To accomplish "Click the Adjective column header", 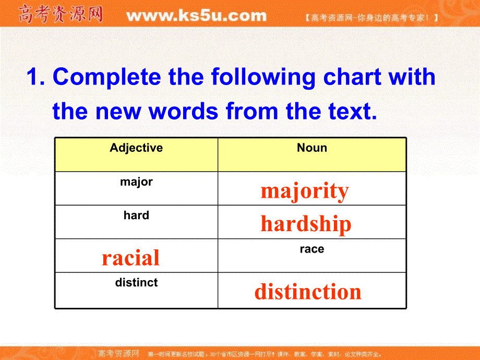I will pyautogui.click(x=136, y=148).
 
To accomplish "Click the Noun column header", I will pyautogui.click(x=311, y=148).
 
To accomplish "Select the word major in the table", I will pyautogui.click(x=136, y=182).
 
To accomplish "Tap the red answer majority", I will pyautogui.click(x=305, y=191).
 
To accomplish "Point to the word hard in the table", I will pyautogui.click(x=136, y=215).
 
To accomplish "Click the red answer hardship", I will pyautogui.click(x=306, y=224).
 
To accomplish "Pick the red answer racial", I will pyautogui.click(x=130, y=258).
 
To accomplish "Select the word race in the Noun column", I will pyautogui.click(x=311, y=249).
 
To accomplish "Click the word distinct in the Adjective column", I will pyautogui.click(x=136, y=283).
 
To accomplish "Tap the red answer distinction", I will pyautogui.click(x=308, y=292).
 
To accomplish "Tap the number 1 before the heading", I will pyautogui.click(x=34, y=77).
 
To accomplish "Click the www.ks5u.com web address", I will pyautogui.click(x=196, y=16).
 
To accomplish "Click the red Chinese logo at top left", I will pyautogui.click(x=61, y=15).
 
